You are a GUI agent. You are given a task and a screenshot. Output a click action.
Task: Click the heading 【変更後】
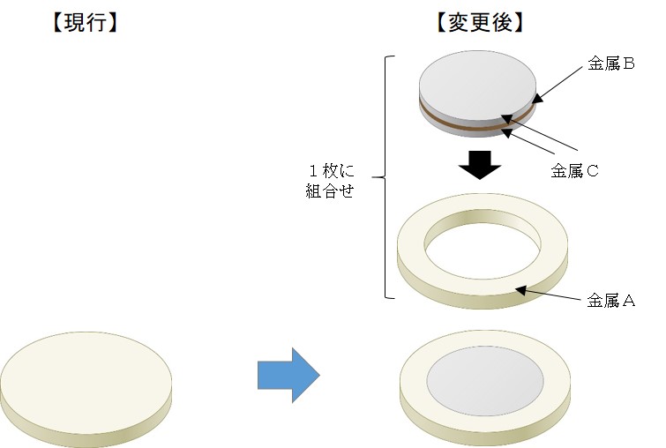tap(481, 24)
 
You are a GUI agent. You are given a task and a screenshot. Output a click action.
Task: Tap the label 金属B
tap(611, 64)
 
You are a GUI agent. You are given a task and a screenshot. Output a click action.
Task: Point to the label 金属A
tap(611, 300)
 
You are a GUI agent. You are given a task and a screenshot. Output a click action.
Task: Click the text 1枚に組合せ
tap(329, 181)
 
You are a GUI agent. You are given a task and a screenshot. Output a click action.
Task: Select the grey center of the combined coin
tap(484, 385)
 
